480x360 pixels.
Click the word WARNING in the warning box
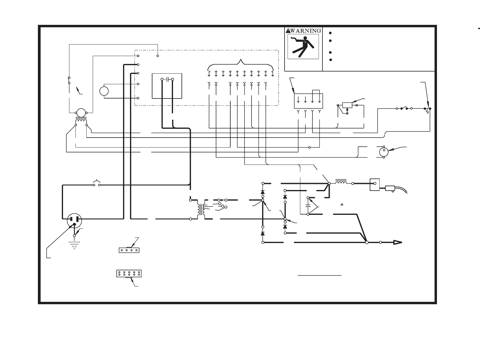305,31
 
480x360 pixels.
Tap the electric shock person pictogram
303,46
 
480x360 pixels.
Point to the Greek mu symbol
342,204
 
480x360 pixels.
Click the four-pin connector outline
129,250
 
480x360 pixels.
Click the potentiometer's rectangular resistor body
347,105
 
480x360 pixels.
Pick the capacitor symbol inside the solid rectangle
167,79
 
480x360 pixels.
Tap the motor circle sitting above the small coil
81,113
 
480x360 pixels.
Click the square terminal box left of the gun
375,184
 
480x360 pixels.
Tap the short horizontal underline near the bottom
320,275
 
